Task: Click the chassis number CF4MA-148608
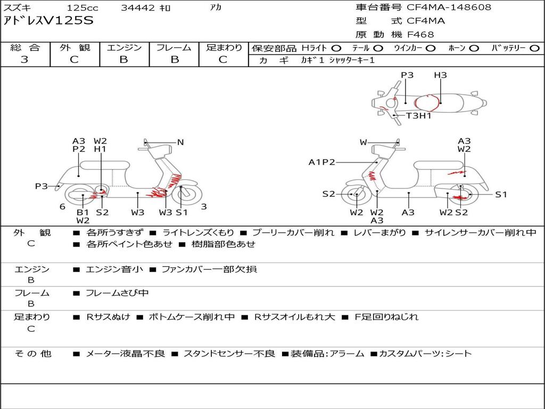coord(449,7)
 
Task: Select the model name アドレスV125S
coord(48,21)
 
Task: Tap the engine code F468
coord(420,35)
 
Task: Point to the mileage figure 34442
coord(138,7)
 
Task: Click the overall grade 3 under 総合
coord(24,60)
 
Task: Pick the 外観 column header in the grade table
coord(75,47)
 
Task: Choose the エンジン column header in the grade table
coord(124,47)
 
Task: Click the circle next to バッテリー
coord(535,48)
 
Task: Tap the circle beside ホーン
coord(474,48)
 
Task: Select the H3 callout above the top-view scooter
coord(440,75)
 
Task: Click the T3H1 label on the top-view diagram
coord(418,116)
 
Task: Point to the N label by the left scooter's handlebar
coord(180,142)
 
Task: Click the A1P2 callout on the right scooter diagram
coord(322,162)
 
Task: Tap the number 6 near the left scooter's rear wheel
coord(63,207)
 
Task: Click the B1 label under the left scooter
coord(82,212)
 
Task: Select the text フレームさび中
coord(117,293)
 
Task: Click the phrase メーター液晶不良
coord(125,354)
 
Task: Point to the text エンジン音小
coord(114,269)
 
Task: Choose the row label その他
coord(33,354)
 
